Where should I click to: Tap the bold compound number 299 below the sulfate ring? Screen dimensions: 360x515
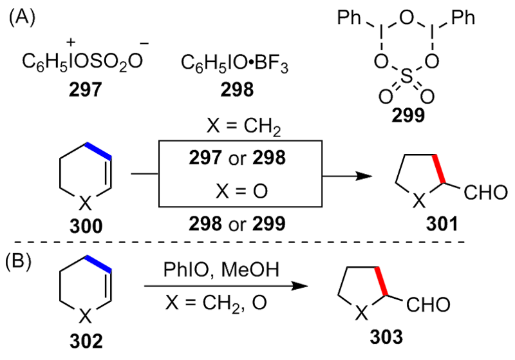tap(406, 115)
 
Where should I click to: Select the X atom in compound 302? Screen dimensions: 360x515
tap(86, 316)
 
